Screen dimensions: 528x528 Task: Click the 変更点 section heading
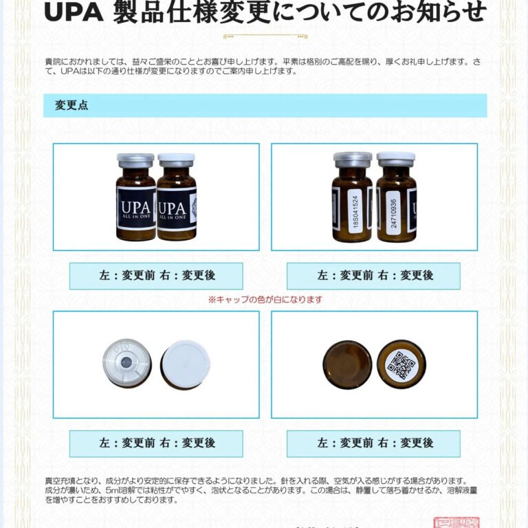(x=71, y=106)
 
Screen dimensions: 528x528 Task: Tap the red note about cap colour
(x=265, y=300)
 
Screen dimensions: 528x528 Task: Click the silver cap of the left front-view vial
(x=135, y=160)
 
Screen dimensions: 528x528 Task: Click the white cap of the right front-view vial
(x=176, y=160)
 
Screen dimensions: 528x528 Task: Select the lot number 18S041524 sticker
(x=355, y=206)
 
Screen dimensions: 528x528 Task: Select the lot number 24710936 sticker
(x=393, y=206)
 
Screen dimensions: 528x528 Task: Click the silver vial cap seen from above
(x=127, y=362)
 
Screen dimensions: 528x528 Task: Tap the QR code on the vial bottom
(x=401, y=364)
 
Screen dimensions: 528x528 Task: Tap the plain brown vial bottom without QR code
(x=347, y=364)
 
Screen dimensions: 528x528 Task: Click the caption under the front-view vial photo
(x=156, y=276)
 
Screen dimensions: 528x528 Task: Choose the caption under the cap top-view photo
(x=156, y=443)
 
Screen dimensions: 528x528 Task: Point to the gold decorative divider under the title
(x=265, y=36)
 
